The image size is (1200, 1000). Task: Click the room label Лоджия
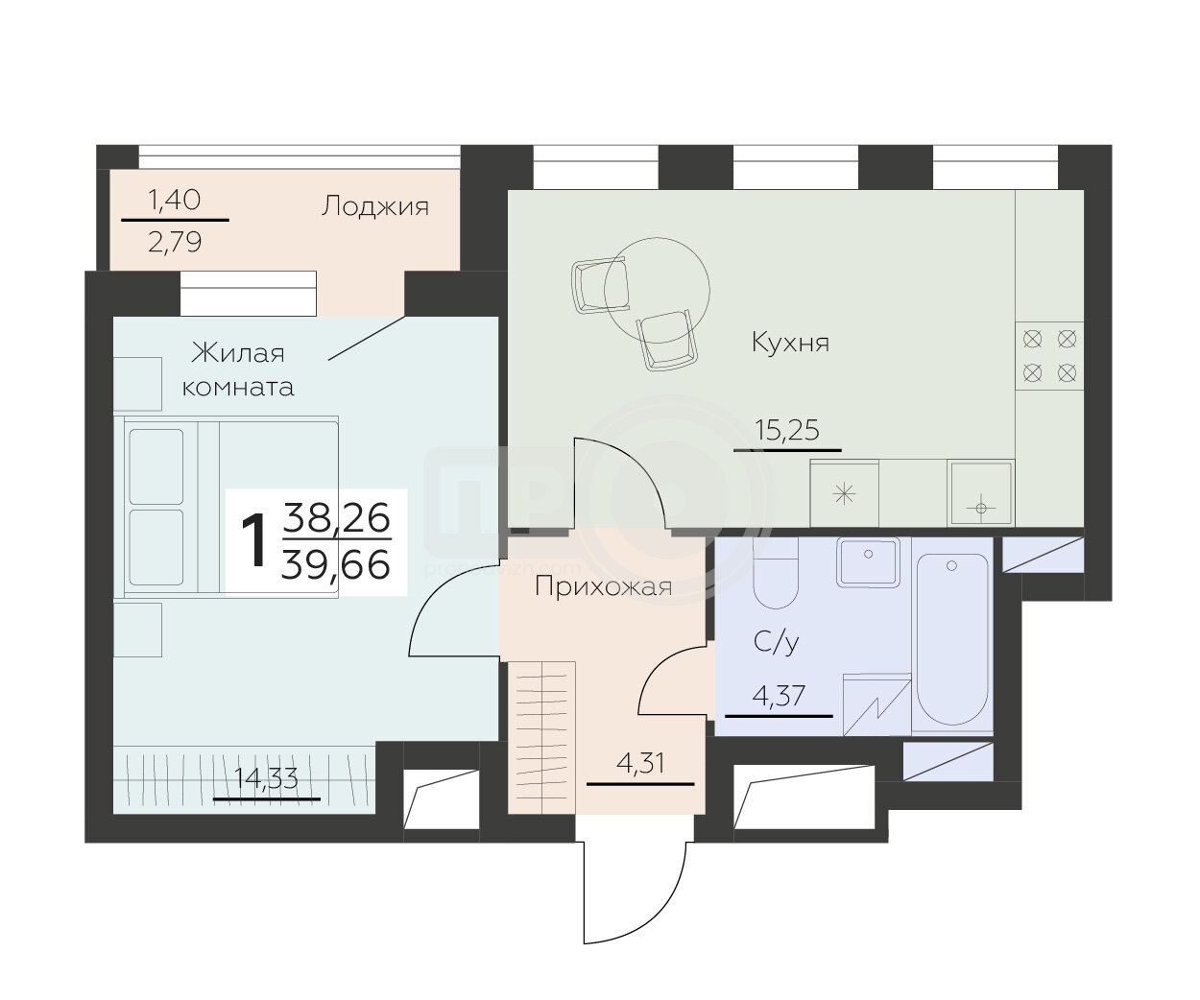374,205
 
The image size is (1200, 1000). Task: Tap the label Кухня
790,343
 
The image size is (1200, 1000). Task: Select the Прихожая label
603,587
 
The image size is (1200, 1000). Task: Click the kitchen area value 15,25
787,430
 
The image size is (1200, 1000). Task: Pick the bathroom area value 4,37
779,696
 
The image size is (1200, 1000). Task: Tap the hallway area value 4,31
640,764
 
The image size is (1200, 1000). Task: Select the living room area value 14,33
266,778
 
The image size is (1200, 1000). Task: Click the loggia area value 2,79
175,242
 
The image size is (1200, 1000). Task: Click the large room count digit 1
253,540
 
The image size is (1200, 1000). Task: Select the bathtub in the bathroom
951,639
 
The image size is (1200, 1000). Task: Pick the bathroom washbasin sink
868,562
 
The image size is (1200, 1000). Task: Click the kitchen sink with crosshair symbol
981,493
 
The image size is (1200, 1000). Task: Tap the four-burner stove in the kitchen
1050,356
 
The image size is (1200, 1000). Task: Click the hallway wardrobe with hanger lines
542,737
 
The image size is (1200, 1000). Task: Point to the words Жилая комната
238,369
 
